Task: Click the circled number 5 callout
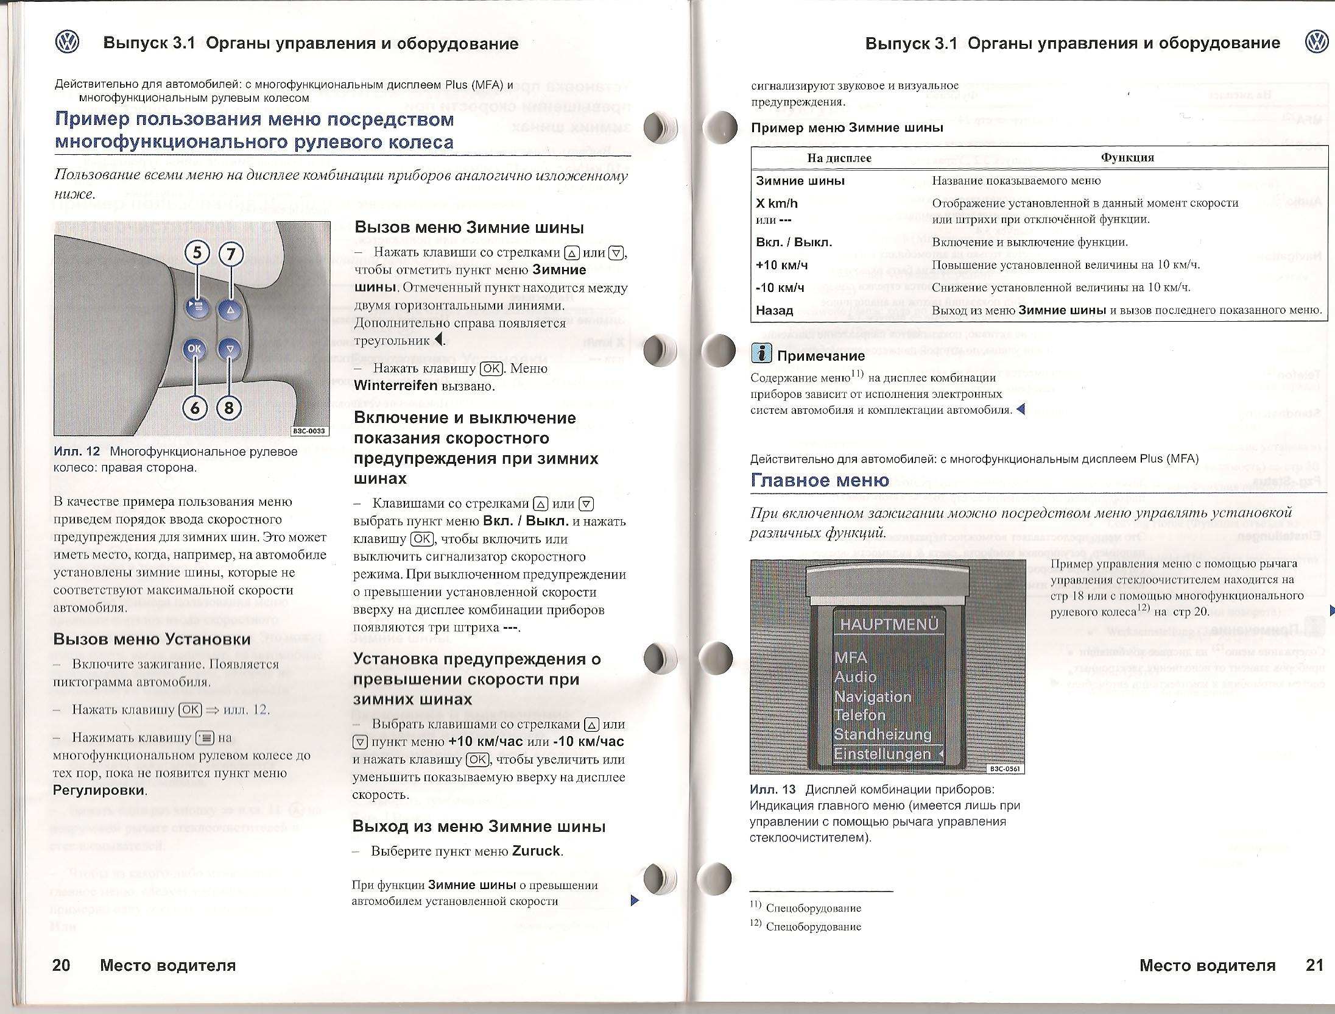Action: click(x=197, y=253)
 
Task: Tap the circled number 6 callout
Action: click(x=195, y=407)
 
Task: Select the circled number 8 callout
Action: click(x=229, y=407)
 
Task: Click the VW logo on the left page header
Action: click(x=68, y=43)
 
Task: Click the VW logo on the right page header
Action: click(x=1317, y=42)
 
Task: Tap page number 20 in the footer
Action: click(x=62, y=965)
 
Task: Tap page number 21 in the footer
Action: click(x=1314, y=965)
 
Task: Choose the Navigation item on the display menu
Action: click(x=873, y=697)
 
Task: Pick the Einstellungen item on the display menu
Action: click(x=882, y=754)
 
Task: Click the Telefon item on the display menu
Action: click(x=860, y=715)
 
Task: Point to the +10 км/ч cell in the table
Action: click(x=781, y=265)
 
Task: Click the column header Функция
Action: click(x=1127, y=157)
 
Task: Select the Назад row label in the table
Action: click(x=774, y=310)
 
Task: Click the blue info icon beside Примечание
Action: click(x=761, y=353)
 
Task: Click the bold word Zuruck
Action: click(x=536, y=851)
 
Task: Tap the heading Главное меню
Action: click(x=820, y=480)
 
